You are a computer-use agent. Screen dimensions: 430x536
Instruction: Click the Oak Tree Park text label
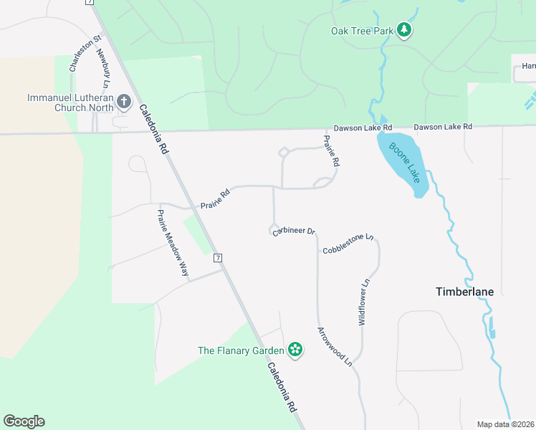363,31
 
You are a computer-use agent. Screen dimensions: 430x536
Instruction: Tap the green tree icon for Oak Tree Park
406,30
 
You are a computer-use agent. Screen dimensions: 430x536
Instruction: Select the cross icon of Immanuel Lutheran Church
124,102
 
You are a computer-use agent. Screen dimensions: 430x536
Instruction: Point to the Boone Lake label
403,163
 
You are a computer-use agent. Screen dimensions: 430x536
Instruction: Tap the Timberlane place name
464,292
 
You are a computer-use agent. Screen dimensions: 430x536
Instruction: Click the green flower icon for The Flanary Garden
295,350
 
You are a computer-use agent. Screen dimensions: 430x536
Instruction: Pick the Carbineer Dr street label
294,231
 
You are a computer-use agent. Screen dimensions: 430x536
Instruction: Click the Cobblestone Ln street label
348,244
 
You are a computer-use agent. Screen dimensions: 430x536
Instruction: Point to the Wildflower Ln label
364,303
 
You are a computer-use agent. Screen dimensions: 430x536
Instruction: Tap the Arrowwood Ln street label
335,347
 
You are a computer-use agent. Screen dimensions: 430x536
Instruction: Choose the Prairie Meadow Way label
173,244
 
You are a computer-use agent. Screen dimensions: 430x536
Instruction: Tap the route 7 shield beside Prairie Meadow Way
218,257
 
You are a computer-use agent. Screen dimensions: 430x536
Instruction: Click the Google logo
24,421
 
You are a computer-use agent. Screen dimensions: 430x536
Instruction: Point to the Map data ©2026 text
506,424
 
